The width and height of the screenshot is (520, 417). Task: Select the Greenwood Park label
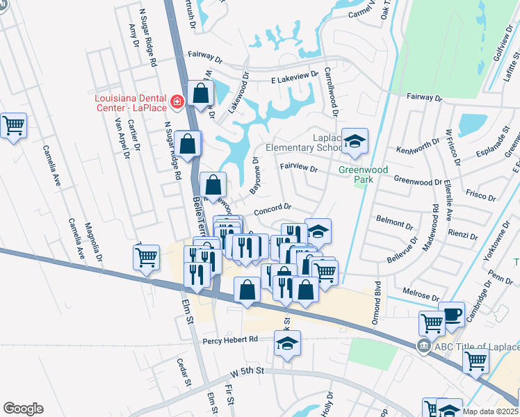(x=357, y=174)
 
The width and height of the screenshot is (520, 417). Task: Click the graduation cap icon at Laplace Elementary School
(x=355, y=141)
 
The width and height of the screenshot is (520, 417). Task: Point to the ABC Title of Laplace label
(x=476, y=347)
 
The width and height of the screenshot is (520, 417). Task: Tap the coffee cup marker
(x=451, y=313)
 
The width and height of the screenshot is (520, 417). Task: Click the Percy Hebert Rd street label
(x=230, y=340)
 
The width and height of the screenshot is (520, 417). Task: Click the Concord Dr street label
(x=273, y=207)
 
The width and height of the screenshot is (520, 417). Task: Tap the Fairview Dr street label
(x=298, y=168)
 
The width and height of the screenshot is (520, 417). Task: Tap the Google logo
(x=23, y=409)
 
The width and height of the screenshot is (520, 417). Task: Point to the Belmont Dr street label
(x=389, y=222)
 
